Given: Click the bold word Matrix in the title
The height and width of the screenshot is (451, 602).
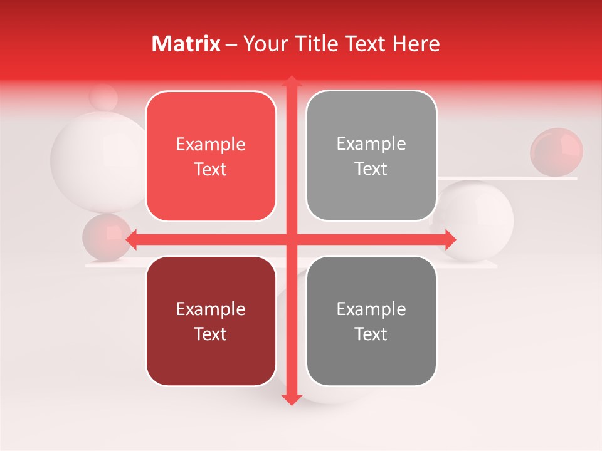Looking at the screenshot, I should click(x=186, y=44).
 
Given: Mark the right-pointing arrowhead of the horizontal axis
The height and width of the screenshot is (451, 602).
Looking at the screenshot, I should click(x=450, y=239).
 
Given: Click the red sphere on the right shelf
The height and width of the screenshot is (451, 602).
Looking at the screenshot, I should click(x=556, y=152).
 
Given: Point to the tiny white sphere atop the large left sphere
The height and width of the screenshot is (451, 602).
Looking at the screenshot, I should click(x=103, y=97).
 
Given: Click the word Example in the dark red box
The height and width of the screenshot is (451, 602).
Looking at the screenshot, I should click(x=211, y=309).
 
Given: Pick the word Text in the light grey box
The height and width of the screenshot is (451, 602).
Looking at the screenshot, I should click(x=371, y=169).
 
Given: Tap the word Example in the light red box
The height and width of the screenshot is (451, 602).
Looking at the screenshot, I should click(x=211, y=145).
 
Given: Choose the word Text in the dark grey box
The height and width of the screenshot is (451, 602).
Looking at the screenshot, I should click(x=371, y=334).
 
